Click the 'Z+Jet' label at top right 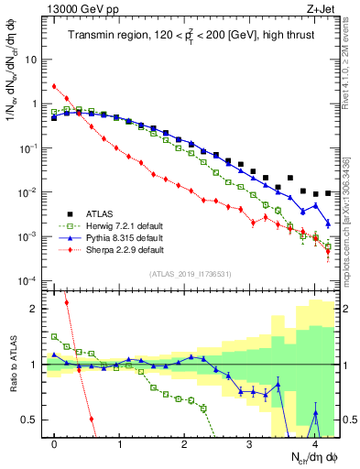click(319, 10)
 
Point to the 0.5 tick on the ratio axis click(33, 420)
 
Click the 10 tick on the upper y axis click(31, 60)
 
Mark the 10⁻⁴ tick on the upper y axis click(29, 281)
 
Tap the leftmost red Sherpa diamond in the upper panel click(55, 86)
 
